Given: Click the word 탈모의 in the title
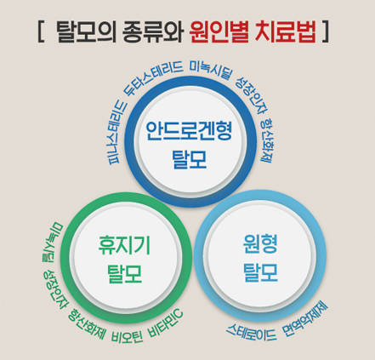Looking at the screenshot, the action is pyautogui.click(x=86, y=31).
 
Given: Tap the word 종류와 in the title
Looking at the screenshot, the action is pyautogui.click(x=152, y=31).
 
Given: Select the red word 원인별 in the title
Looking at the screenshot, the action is pyautogui.click(x=219, y=31).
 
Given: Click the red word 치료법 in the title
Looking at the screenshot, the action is pyautogui.click(x=285, y=31).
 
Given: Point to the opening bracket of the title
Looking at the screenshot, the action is pyautogui.click(x=42, y=31).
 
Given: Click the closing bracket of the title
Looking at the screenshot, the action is pyautogui.click(x=326, y=31).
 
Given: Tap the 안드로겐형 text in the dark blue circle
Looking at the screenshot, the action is pyautogui.click(x=189, y=131).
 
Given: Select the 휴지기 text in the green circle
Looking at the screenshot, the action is pyautogui.click(x=124, y=245).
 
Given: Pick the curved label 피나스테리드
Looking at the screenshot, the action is pyautogui.click(x=116, y=131).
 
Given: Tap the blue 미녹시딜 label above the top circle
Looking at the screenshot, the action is pyautogui.click(x=210, y=70).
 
